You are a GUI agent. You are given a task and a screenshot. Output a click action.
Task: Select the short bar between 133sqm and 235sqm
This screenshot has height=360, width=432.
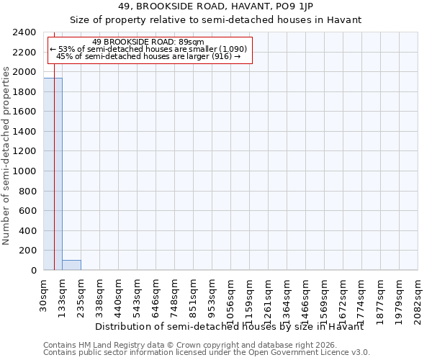71,265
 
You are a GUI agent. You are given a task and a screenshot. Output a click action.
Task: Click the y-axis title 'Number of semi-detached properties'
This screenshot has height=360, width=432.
6,152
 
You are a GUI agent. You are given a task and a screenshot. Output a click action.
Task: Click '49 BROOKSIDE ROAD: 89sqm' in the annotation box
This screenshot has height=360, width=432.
148,42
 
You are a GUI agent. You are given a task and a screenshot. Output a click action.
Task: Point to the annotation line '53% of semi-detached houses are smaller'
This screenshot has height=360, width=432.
148,49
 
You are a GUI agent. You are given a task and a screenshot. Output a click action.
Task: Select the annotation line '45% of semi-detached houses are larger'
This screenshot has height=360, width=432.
148,56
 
